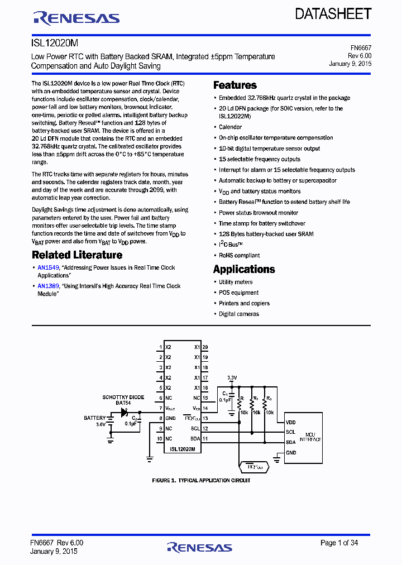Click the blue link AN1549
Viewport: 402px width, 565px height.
pyautogui.click(x=49, y=268)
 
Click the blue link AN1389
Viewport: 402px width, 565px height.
pyautogui.click(x=49, y=286)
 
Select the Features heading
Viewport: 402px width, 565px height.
pyautogui.click(x=235, y=85)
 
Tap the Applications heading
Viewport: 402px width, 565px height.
pyautogui.click(x=244, y=269)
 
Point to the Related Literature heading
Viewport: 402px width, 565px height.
pyautogui.click(x=77, y=255)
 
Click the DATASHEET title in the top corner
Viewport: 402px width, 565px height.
pyautogui.click(x=333, y=14)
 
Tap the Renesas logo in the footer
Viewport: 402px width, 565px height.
pyautogui.click(x=199, y=548)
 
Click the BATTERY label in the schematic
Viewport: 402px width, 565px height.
pyautogui.click(x=95, y=418)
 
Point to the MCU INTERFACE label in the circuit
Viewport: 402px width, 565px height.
pyautogui.click(x=310, y=437)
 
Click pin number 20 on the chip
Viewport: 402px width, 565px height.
pyautogui.click(x=205, y=347)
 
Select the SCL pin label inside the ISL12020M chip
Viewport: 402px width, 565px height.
pyautogui.click(x=195, y=429)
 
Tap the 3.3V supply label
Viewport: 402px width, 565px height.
pyautogui.click(x=231, y=378)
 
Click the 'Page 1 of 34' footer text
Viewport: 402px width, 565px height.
pyautogui.click(x=339, y=543)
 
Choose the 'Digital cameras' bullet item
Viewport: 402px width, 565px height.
pyautogui.click(x=238, y=314)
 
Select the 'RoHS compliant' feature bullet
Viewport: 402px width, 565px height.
pyautogui.click(x=239, y=256)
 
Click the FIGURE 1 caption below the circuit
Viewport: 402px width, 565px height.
pyautogui.click(x=201, y=481)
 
